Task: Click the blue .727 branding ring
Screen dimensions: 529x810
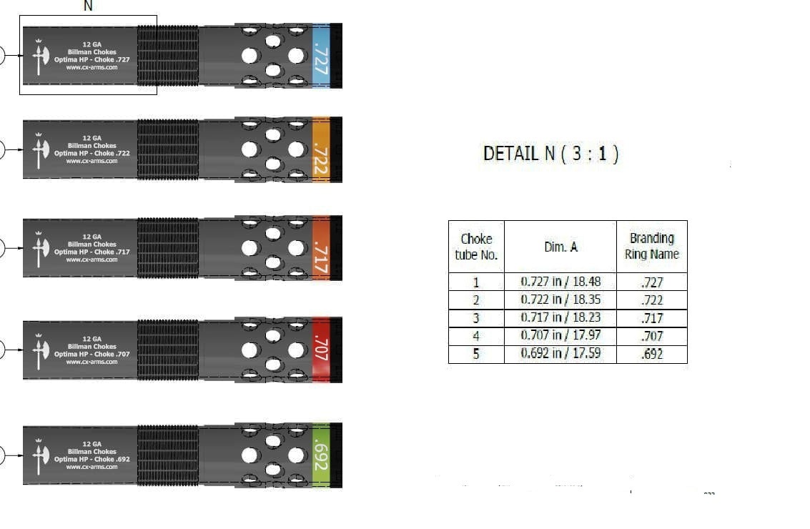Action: pos(321,55)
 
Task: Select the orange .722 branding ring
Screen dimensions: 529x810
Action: pos(321,149)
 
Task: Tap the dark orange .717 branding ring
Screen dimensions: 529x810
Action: pos(321,248)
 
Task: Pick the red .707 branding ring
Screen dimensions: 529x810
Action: pos(321,350)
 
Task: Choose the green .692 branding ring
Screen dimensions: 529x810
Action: pos(321,455)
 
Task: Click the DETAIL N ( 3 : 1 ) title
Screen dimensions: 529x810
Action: pos(550,153)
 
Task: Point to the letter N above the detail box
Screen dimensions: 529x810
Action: pos(88,6)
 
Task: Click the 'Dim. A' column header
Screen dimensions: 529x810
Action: pos(560,247)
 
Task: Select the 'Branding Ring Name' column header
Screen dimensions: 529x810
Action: pos(651,246)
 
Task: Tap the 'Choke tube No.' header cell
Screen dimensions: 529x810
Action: pos(476,247)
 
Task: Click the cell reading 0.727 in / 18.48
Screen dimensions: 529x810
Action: pos(560,281)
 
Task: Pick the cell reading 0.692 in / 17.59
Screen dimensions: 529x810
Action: pos(560,353)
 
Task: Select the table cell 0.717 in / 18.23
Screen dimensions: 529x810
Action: pos(560,317)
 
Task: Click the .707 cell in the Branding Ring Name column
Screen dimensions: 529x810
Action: pos(651,335)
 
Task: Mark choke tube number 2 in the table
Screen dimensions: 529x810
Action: pos(476,300)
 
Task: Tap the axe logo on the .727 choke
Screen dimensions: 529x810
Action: pos(38,55)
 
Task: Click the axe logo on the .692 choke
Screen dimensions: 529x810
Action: pos(38,455)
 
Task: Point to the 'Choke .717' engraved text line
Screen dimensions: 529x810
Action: pos(92,252)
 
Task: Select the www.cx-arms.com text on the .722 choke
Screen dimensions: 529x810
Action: pos(92,161)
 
